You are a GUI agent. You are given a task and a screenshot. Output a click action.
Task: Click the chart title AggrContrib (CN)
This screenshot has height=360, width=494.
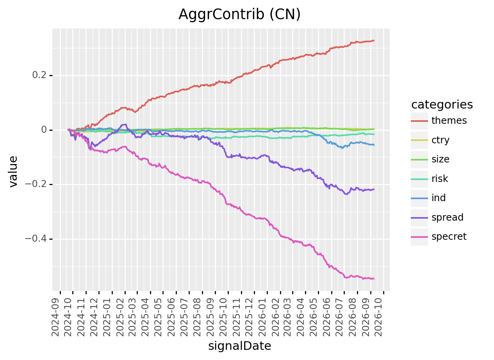(x=239, y=14)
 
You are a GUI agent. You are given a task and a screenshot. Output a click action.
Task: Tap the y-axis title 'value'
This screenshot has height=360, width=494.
(x=13, y=172)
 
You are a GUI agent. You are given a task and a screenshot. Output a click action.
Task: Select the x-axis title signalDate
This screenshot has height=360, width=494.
(x=239, y=346)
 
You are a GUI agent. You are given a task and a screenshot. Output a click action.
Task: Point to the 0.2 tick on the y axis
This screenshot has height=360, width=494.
(x=39, y=75)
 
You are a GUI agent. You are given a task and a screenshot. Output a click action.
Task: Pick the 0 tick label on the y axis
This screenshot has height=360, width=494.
(x=44, y=130)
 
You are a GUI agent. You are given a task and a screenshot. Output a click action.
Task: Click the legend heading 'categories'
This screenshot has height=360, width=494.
(x=442, y=105)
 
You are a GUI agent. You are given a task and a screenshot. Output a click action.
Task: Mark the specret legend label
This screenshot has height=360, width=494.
(x=449, y=237)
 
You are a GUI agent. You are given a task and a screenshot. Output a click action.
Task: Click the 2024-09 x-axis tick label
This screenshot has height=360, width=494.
(x=55, y=317)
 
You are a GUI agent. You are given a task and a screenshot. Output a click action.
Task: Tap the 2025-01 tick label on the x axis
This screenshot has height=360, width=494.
(x=107, y=317)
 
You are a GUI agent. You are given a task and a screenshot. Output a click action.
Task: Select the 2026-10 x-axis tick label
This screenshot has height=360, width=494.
(x=378, y=317)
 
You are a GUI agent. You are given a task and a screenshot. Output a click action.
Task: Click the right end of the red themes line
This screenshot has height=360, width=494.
(x=374, y=40)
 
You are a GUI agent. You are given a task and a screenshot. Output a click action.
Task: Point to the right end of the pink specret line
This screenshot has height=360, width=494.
(x=374, y=279)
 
